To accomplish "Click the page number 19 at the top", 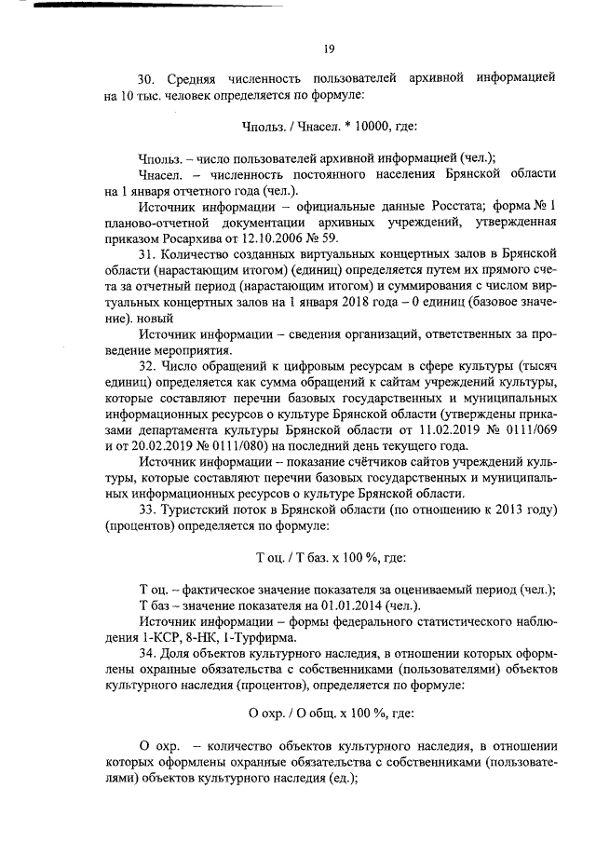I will click(x=329, y=49).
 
